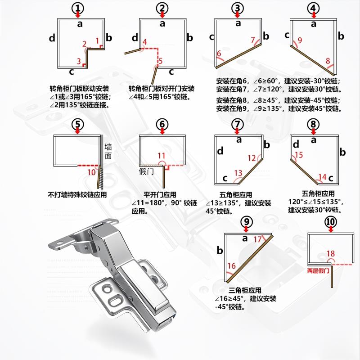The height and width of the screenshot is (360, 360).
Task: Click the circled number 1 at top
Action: (x=79, y=8)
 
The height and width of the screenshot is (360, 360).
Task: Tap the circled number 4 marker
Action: (x=314, y=8)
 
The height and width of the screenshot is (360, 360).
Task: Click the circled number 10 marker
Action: (x=331, y=222)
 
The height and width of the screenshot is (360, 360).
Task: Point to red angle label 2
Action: (x=84, y=44)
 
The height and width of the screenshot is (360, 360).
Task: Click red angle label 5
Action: (x=161, y=61)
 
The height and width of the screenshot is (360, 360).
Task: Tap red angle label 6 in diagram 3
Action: (x=220, y=54)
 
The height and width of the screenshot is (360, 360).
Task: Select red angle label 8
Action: (x=328, y=60)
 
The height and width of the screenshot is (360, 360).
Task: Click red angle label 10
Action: (x=91, y=172)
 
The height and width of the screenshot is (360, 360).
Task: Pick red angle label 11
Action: (x=162, y=156)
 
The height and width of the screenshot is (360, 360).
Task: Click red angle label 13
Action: (x=238, y=173)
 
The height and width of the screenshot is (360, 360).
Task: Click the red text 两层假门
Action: (x=319, y=271)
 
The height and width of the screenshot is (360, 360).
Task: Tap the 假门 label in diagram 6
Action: (x=147, y=172)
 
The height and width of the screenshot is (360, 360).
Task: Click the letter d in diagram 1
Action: (x=53, y=39)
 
